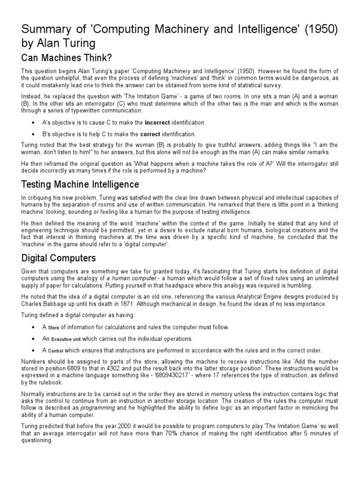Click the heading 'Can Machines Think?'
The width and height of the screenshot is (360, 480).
pos(66,58)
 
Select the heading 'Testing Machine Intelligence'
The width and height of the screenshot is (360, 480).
pos(80,184)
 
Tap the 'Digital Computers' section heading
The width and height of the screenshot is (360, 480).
pos(59,258)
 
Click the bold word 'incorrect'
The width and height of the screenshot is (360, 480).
pos(159,122)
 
